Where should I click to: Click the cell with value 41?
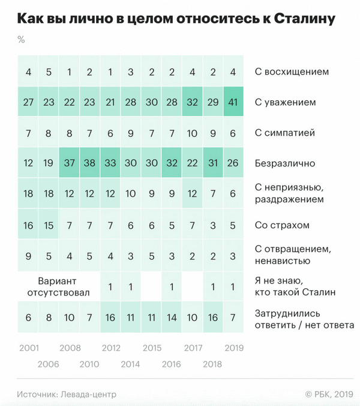click(233, 102)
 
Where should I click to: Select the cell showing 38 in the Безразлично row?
click(89, 163)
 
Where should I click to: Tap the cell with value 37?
click(69, 163)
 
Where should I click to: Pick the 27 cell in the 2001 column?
click(28, 102)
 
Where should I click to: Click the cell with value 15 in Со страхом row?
click(49, 225)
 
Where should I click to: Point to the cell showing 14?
click(172, 317)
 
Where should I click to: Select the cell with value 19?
click(49, 163)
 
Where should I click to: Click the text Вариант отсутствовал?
click(59, 286)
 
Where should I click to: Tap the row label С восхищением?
click(292, 71)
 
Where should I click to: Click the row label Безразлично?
click(285, 163)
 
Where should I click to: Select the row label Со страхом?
click(282, 225)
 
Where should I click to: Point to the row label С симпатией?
click(285, 133)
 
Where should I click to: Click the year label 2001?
click(29, 348)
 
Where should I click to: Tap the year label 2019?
click(233, 348)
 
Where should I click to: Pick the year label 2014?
click(131, 363)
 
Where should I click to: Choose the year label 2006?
click(49, 363)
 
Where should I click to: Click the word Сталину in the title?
click(304, 19)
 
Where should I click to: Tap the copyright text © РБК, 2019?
click(329, 394)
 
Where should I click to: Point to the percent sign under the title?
click(21, 40)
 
